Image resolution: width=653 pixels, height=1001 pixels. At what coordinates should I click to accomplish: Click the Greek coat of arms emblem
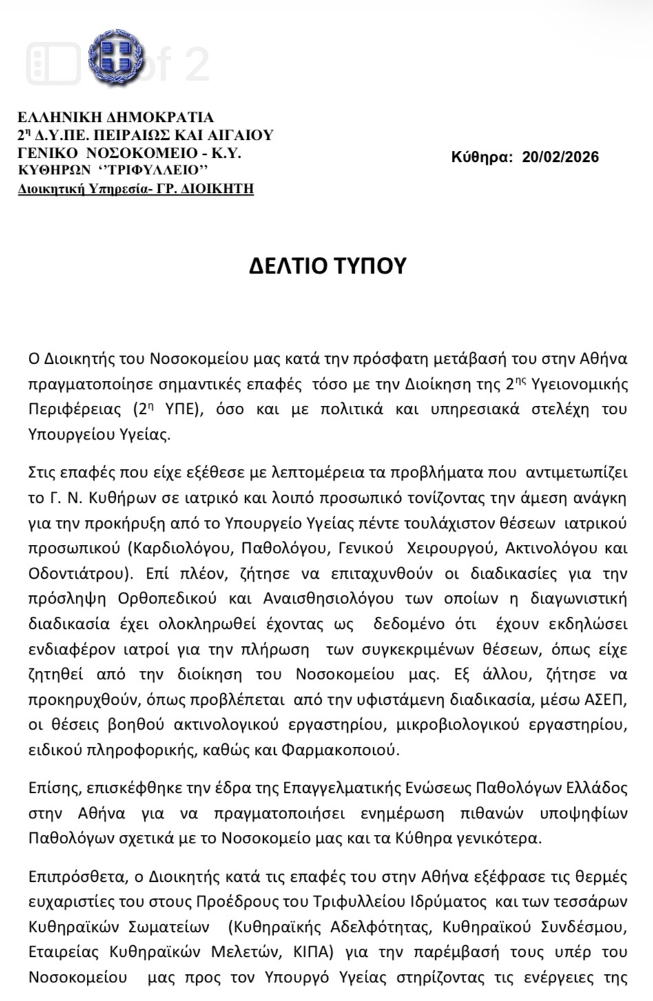(117, 56)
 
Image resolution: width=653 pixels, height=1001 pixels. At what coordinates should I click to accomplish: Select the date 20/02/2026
(560, 157)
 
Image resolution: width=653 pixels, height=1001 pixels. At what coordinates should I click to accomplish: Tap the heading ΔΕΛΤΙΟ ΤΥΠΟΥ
(327, 266)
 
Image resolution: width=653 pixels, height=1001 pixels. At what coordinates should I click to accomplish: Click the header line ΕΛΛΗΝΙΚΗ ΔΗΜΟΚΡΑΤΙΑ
(115, 117)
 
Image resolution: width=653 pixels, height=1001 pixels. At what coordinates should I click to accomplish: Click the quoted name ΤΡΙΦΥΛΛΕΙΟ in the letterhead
(154, 170)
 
